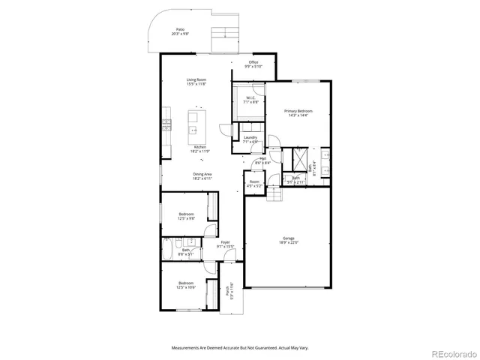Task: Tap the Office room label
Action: click(x=253, y=64)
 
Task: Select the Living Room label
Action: click(x=197, y=82)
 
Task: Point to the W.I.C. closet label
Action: click(x=250, y=100)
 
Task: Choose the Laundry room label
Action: click(x=250, y=139)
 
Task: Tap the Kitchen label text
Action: click(x=199, y=148)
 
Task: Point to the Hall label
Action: click(x=263, y=159)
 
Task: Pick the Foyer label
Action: click(x=225, y=244)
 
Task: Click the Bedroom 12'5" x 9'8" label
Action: click(x=186, y=216)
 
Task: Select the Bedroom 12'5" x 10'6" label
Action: click(x=186, y=285)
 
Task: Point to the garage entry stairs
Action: click(x=276, y=196)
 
